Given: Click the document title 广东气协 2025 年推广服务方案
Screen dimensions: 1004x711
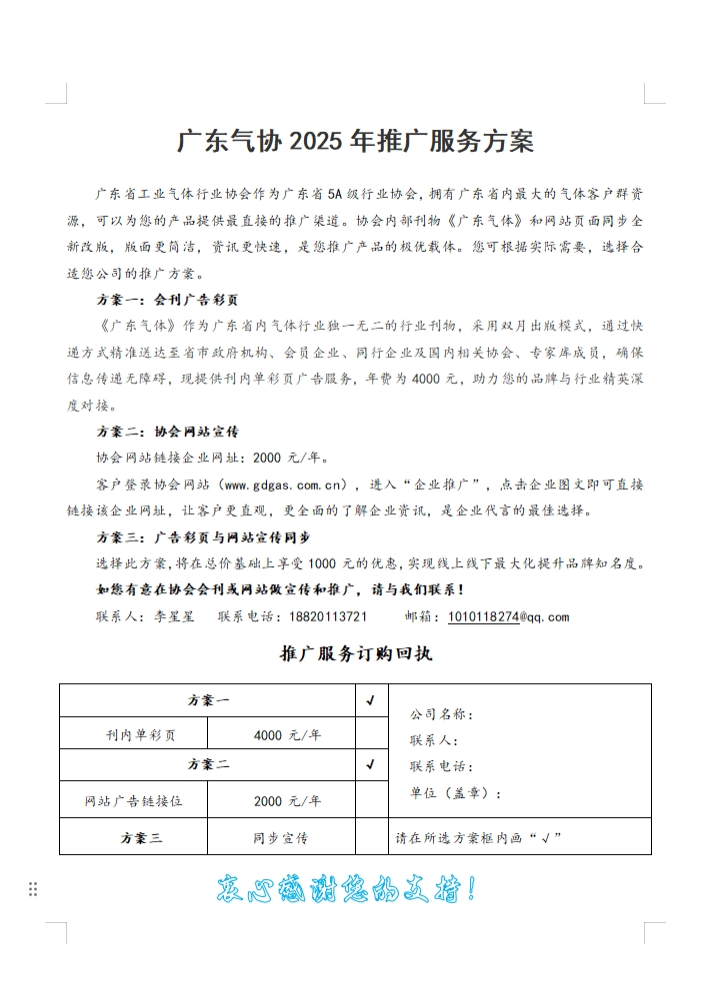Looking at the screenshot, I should pos(355,141).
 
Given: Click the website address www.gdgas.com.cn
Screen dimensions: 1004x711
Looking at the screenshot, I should pos(285,486).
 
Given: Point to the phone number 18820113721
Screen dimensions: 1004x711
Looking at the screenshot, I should pos(328,616).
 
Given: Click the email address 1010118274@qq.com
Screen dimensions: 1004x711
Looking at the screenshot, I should pos(508,616).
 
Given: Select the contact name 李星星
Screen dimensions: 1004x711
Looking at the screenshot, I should pos(175,616).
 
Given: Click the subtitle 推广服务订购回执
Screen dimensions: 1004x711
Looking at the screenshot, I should pos(355,654).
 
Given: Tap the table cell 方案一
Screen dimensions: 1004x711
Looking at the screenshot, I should pos(208,700).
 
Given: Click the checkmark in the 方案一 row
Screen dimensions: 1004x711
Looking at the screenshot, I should pos(371,700).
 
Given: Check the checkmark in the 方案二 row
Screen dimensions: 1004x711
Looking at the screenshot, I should pos(371,765).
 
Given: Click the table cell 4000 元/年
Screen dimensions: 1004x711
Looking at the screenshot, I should pos(287,735).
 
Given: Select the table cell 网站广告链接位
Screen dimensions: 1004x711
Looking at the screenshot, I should pos(133,801).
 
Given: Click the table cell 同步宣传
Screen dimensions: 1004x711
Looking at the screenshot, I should pos(280,837).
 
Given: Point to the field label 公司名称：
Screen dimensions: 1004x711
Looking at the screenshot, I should pos(441,714).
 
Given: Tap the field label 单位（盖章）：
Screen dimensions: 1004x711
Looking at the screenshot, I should pos(455,793).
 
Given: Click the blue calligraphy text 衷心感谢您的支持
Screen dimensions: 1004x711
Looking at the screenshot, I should pos(346,888).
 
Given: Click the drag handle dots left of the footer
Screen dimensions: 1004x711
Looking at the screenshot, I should pos(33,889).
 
